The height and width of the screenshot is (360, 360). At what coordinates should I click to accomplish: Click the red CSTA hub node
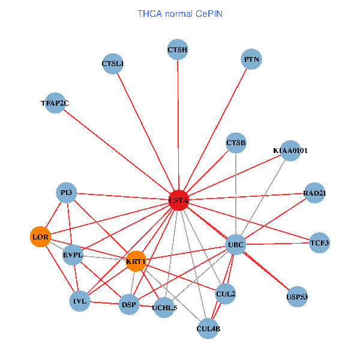coord(179,200)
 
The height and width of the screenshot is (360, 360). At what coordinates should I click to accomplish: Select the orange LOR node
coord(40,237)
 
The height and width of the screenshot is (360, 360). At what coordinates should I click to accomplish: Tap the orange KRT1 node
coord(136,261)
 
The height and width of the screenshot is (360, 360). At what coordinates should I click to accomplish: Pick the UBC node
coord(236,244)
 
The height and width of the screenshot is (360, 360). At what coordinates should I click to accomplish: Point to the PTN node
coord(252,59)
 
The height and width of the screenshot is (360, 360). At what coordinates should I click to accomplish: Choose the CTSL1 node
coord(113,64)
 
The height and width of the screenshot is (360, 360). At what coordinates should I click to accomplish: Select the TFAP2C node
coord(55,103)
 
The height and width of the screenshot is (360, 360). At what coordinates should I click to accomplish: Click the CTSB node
coord(236,143)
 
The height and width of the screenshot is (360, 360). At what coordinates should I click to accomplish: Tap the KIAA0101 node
coord(290,151)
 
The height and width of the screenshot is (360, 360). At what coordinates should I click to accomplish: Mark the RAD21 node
coord(314,193)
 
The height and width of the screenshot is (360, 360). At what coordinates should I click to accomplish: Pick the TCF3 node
coord(320,242)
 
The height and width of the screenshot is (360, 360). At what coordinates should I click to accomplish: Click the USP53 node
coord(297,296)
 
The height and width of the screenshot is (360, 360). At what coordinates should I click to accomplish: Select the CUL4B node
coord(208,328)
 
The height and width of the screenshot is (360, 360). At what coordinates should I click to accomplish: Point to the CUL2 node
coord(226,294)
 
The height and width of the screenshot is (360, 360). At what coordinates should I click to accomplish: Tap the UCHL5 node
coord(165,308)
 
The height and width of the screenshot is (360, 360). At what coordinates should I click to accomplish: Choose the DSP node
coord(129,305)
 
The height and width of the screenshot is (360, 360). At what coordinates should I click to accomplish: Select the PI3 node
coord(67,192)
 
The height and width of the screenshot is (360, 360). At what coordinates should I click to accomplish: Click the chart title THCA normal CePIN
coord(180,13)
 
